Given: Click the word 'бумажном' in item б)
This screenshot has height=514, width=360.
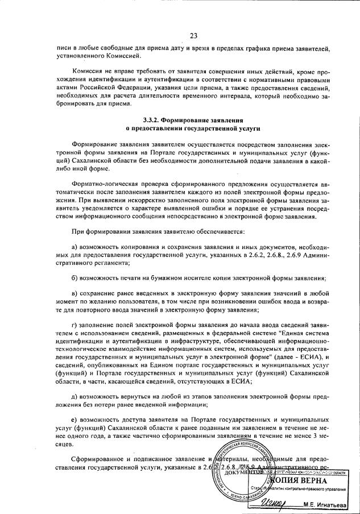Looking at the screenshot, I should (x=160, y=278).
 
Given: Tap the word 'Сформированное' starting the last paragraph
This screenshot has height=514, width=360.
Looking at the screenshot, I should (x=97, y=459).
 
